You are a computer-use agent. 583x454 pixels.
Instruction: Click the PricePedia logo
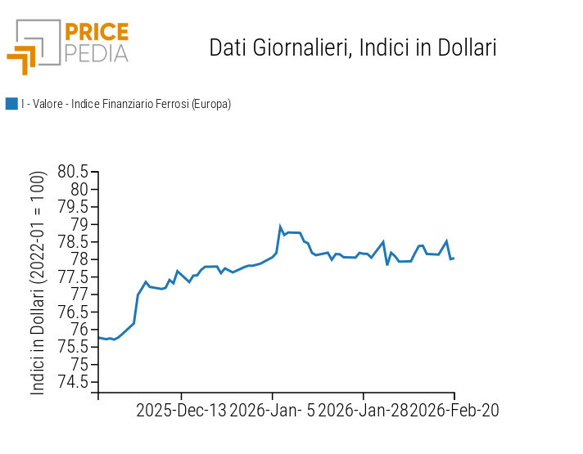click(x=67, y=46)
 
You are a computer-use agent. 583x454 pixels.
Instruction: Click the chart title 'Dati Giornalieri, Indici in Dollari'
click(x=353, y=47)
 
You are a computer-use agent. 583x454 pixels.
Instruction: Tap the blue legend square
click(x=11, y=104)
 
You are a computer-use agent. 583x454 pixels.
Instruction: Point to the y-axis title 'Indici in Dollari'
click(x=38, y=283)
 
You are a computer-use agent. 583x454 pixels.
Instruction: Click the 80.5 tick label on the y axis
click(x=73, y=172)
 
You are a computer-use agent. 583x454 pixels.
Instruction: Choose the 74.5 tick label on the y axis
click(x=73, y=382)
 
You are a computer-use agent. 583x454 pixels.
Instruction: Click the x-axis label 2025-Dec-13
click(x=181, y=410)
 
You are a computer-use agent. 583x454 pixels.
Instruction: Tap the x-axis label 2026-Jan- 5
click(x=272, y=410)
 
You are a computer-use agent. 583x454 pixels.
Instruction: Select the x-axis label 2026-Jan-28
click(x=363, y=410)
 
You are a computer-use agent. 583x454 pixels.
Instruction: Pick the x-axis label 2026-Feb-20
click(x=454, y=410)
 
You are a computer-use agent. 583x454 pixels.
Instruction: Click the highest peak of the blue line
click(x=280, y=227)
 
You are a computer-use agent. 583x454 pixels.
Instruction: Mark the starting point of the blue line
click(x=98, y=338)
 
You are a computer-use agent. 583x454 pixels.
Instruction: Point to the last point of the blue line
click(x=454, y=258)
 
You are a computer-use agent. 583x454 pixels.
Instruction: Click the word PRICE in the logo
click(x=97, y=32)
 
